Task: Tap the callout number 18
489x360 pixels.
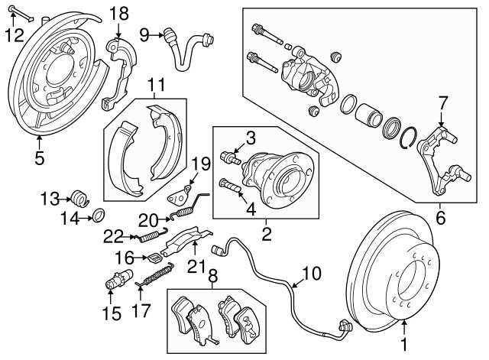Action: click(119, 13)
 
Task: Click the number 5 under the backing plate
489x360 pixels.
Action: click(39, 158)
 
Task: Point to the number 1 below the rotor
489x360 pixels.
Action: click(404, 345)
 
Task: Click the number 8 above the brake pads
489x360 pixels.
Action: click(212, 276)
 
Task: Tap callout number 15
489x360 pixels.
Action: click(112, 313)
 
